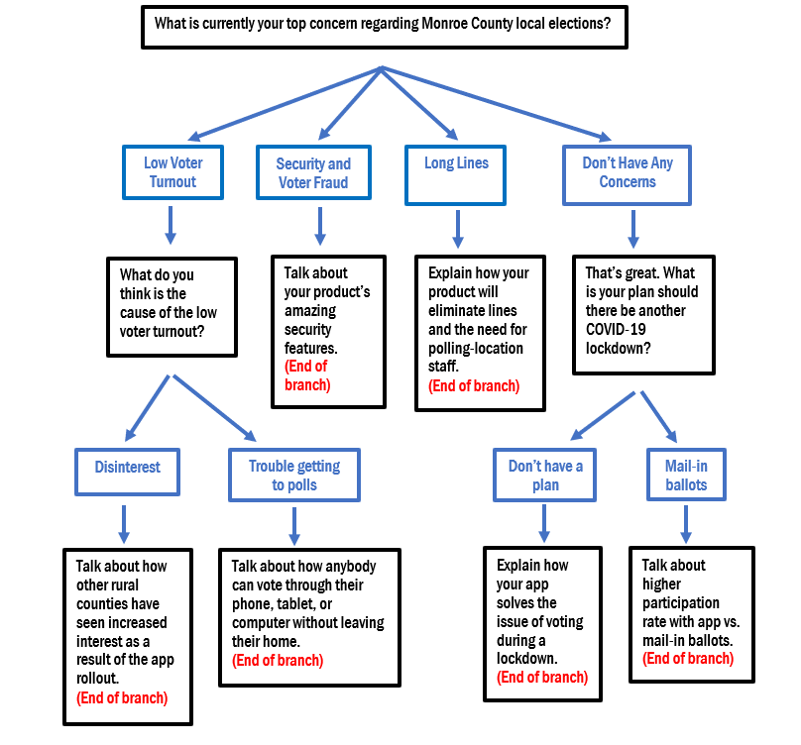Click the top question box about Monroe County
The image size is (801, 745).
point(384,24)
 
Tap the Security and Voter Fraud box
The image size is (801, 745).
point(313,172)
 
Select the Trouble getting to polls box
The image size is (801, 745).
point(293,475)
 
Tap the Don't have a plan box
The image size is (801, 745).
point(545,475)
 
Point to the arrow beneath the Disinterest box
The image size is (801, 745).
point(124,523)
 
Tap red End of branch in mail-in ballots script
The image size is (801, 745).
point(687,658)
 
